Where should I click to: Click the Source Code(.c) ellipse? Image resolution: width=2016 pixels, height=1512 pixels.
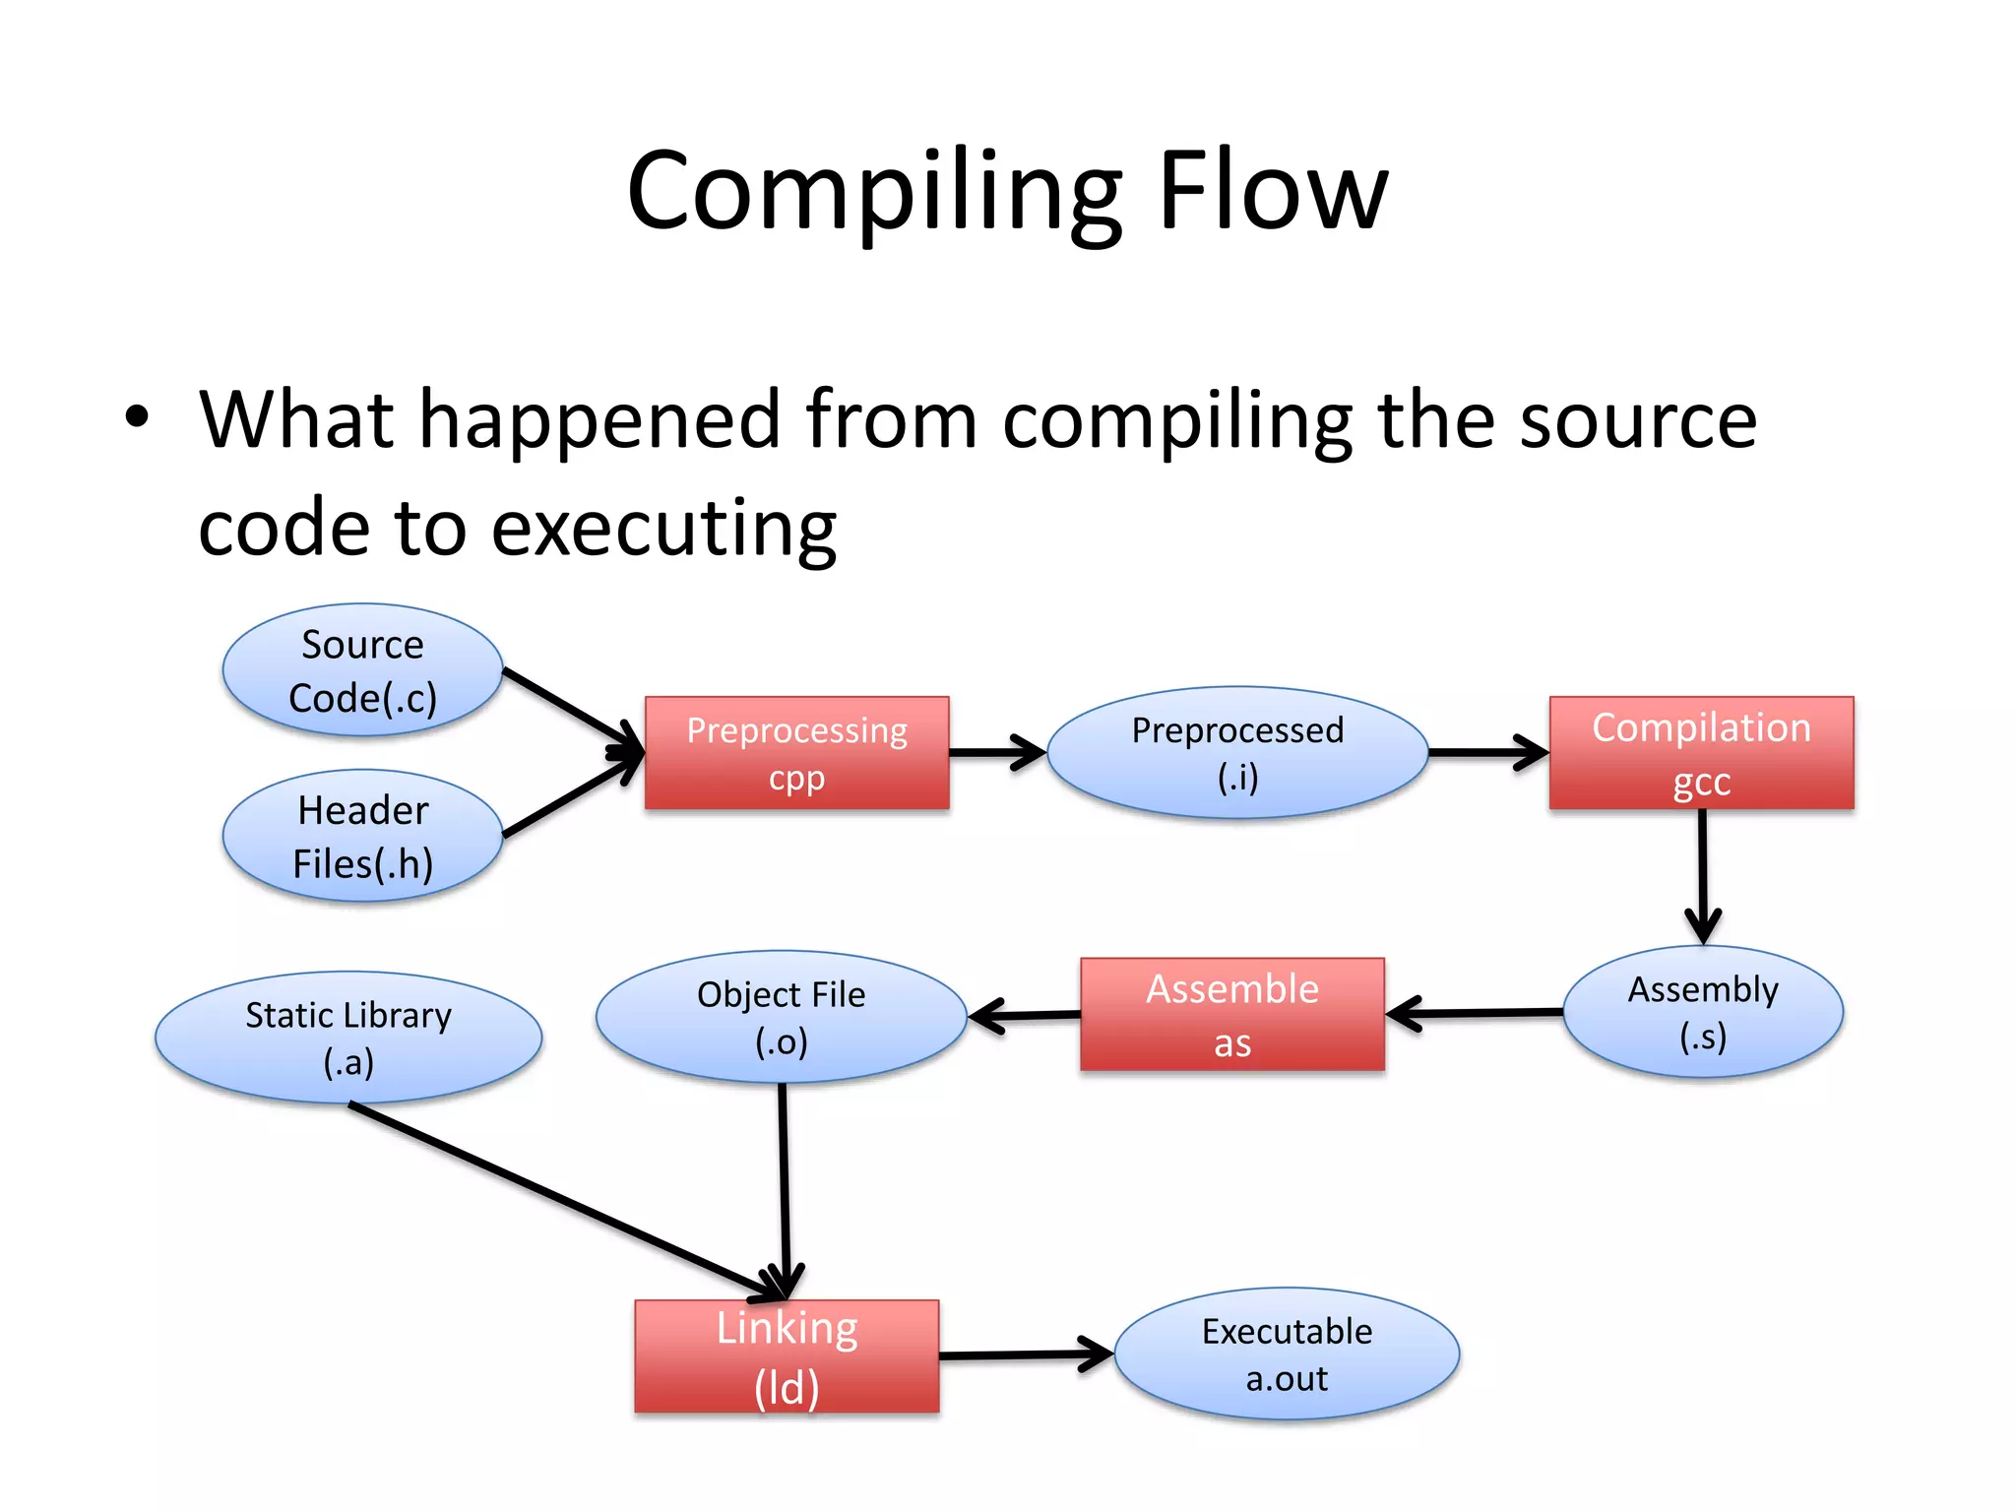(362, 670)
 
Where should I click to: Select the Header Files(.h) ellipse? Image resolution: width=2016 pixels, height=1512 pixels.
(362, 836)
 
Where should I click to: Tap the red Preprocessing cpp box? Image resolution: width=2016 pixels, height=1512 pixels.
(796, 753)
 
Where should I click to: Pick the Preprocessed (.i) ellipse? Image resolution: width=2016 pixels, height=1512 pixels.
(1237, 753)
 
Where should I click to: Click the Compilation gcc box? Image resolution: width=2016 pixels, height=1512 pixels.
(1701, 753)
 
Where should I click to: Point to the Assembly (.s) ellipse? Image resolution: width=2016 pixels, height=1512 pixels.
(1702, 1012)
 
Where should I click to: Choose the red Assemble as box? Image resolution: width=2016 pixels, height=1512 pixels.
(1231, 1014)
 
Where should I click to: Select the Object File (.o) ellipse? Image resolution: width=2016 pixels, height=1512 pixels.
(781, 1017)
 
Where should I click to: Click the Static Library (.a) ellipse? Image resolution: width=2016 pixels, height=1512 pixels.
(348, 1038)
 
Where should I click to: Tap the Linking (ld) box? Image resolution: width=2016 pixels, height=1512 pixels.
(787, 1356)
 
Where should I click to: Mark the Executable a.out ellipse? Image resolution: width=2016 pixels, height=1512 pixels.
(1286, 1354)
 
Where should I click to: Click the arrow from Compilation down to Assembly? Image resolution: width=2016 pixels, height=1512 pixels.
(1702, 871)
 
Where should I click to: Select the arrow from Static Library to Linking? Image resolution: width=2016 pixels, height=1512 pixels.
(561, 1198)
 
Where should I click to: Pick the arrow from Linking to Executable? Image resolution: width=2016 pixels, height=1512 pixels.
(1024, 1355)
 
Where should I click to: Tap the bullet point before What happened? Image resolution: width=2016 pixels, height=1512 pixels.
(137, 417)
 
